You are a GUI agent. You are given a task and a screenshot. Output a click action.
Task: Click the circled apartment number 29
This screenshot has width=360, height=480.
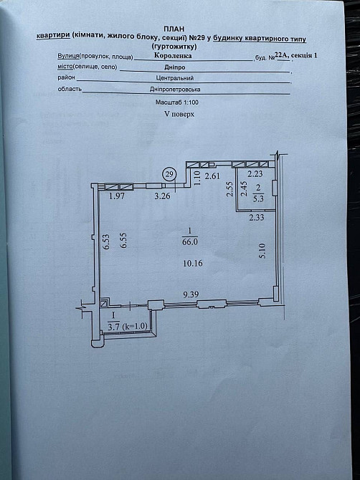coord(169,173)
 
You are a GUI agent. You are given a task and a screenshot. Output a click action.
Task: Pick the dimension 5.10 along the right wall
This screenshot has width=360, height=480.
coord(262,250)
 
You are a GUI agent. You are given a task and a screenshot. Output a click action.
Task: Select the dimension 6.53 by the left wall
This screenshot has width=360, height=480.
coord(106,242)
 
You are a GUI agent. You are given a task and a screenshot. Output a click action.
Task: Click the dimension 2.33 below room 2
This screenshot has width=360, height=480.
coord(257,218)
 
